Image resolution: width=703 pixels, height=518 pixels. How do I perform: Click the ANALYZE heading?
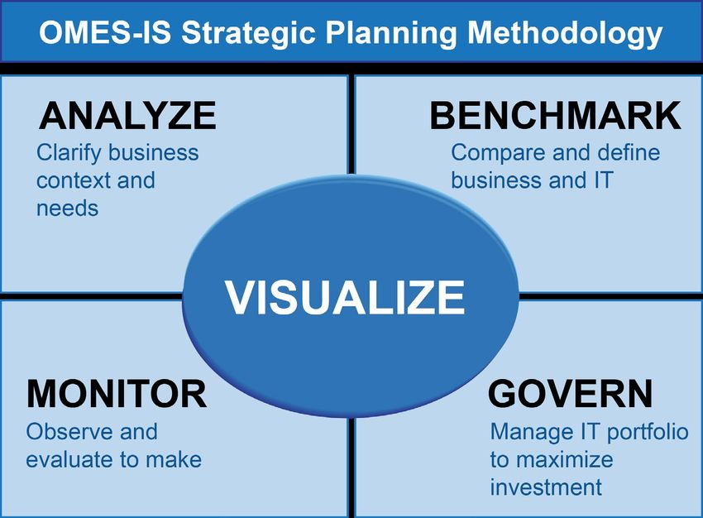(127, 115)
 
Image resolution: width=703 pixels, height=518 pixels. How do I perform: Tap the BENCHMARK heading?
(556, 115)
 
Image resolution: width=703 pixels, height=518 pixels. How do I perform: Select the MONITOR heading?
(117, 394)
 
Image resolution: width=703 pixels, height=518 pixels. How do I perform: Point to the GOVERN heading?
(570, 394)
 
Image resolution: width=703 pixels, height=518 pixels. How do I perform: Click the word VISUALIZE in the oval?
(345, 298)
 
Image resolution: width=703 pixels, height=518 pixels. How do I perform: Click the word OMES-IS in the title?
(105, 33)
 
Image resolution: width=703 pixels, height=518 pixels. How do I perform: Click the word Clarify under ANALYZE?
(69, 154)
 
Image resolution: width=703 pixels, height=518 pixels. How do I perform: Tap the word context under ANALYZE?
(74, 180)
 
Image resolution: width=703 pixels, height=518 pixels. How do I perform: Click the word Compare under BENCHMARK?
(499, 154)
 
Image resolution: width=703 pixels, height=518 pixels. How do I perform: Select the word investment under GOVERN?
(546, 488)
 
